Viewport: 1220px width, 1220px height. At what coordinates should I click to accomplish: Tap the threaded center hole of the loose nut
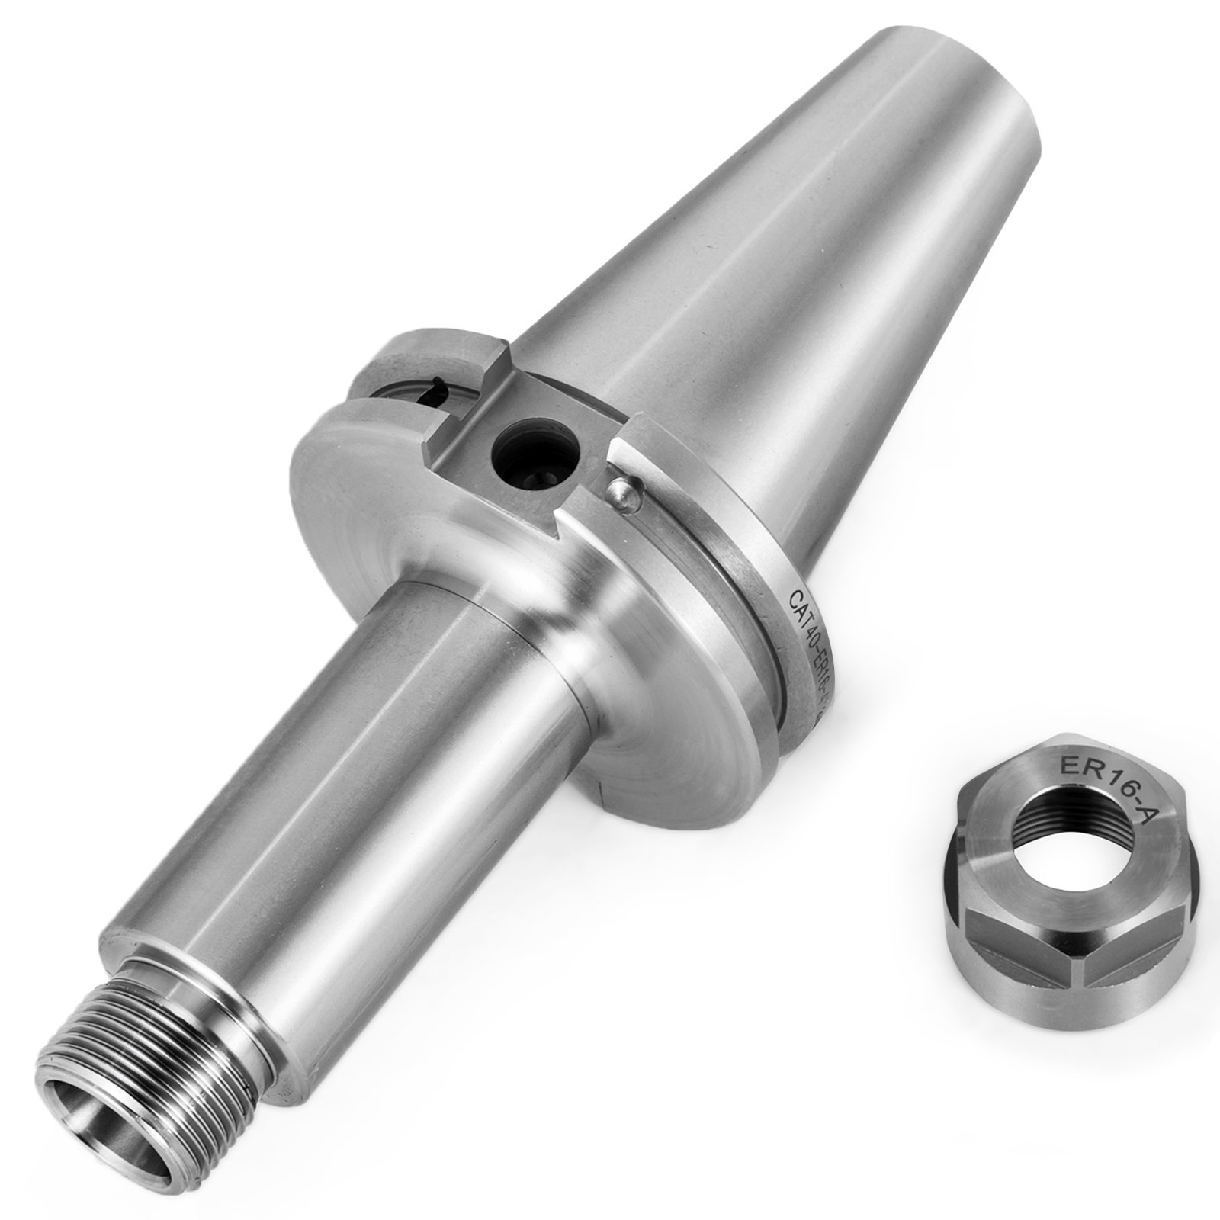coord(1058,840)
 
